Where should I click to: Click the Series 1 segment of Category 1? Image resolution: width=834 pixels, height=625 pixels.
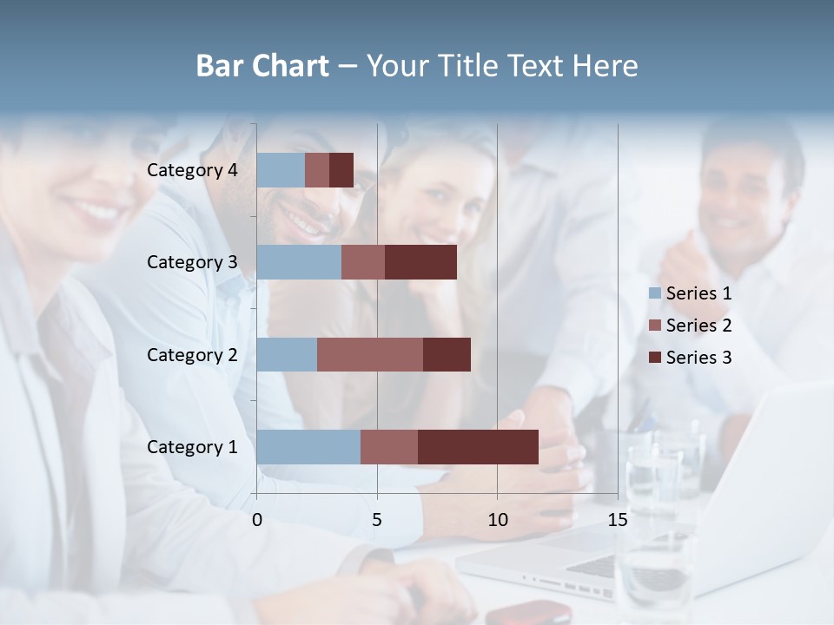[x=308, y=446]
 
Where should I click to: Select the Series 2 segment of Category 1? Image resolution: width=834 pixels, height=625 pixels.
[x=389, y=446]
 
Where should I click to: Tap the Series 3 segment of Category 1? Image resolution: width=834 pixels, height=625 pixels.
[x=478, y=446]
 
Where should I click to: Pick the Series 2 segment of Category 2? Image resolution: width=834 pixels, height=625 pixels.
[x=370, y=354]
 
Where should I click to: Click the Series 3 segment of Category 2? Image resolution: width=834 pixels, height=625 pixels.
[x=447, y=354]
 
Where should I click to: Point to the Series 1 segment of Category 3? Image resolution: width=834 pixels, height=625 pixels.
[x=299, y=262]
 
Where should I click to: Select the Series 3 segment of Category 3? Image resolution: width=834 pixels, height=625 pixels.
[x=420, y=262]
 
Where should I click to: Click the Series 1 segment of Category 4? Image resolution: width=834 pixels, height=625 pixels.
[x=281, y=170]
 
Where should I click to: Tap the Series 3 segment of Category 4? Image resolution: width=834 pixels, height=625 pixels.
[x=341, y=170]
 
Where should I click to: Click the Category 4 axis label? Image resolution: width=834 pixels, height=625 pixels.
[x=192, y=170]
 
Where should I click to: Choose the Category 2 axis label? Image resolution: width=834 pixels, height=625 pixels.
[x=192, y=354]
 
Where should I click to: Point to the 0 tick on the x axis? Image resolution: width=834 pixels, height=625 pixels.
[x=257, y=520]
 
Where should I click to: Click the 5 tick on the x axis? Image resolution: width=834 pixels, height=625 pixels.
[x=377, y=520]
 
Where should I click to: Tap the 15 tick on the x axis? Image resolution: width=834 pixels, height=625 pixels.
[x=618, y=520]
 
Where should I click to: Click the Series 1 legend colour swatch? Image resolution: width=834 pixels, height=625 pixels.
[x=655, y=293]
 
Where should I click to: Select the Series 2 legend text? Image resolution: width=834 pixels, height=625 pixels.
[x=698, y=326]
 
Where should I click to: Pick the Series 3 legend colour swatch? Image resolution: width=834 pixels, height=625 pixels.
[x=655, y=358]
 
